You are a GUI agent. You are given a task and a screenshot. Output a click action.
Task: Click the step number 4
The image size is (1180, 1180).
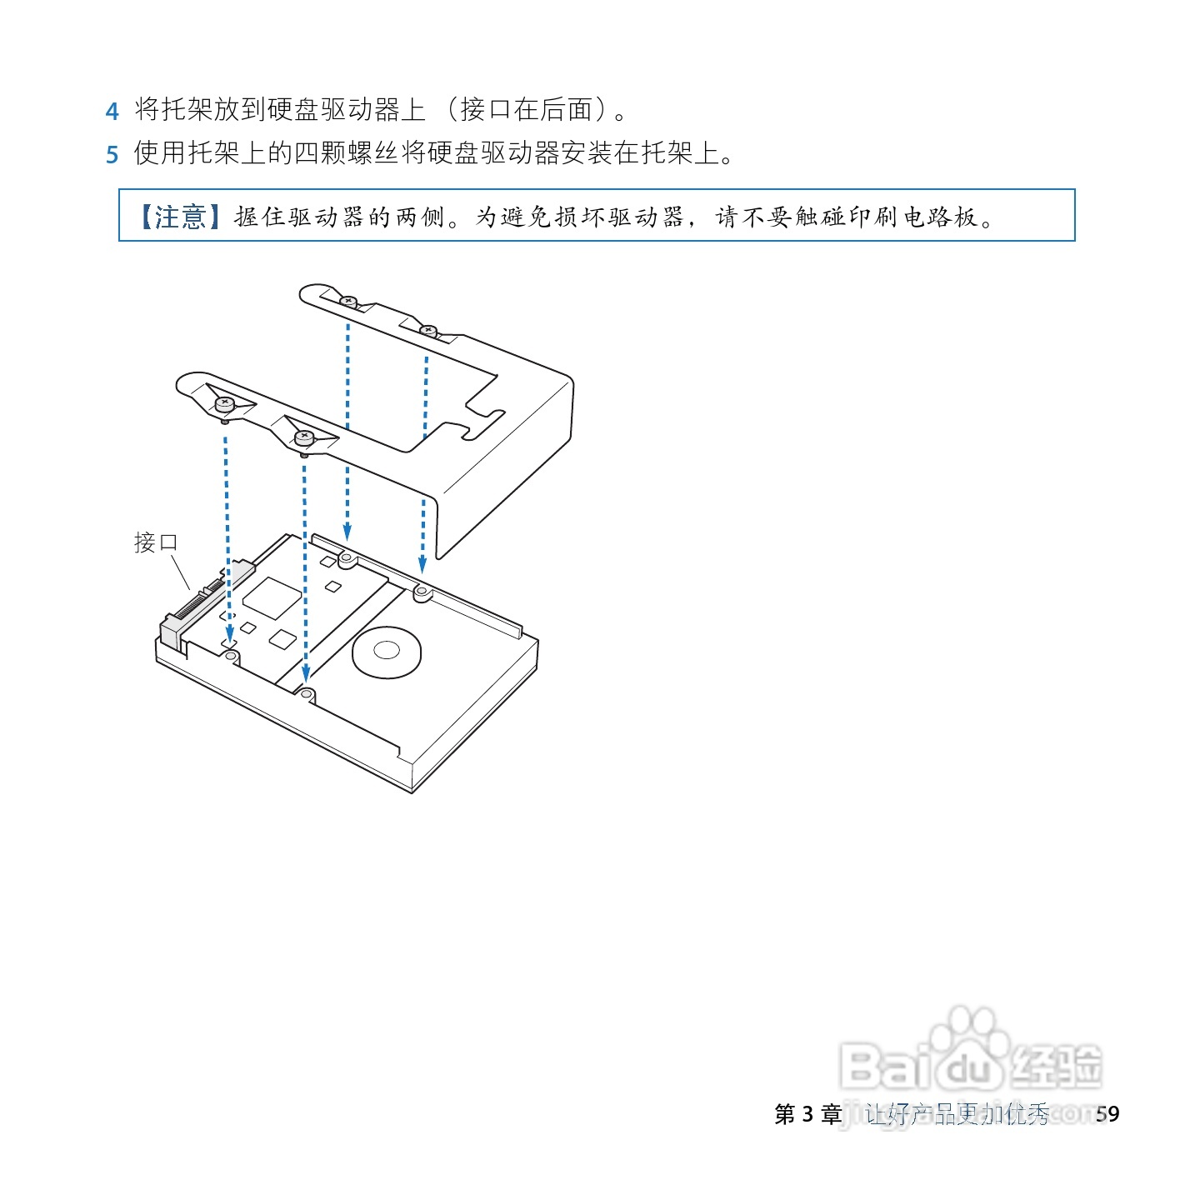click(112, 111)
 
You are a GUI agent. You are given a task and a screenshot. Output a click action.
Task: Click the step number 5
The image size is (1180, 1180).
click(112, 155)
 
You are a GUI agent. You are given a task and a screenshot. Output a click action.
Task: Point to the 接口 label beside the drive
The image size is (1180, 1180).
click(156, 542)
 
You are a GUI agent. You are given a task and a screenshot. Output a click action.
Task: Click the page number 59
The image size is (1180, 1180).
click(1107, 1114)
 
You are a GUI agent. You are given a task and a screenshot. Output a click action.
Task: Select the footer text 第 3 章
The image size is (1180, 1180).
click(807, 1114)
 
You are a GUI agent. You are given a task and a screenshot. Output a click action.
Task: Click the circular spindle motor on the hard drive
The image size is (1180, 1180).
click(387, 651)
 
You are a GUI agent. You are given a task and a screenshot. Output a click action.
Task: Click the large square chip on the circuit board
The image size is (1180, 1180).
click(271, 597)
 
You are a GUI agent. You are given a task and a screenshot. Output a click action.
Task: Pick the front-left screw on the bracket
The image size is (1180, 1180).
click(225, 405)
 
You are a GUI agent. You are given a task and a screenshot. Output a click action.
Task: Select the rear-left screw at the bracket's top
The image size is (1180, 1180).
click(348, 300)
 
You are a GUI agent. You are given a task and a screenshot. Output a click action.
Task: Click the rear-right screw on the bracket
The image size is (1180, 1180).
click(428, 330)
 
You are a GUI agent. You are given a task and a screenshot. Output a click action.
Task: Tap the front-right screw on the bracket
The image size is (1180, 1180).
click(303, 436)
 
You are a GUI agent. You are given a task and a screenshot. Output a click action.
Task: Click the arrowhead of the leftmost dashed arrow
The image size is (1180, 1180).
click(230, 637)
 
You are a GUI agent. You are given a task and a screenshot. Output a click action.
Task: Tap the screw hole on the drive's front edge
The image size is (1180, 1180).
click(307, 693)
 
